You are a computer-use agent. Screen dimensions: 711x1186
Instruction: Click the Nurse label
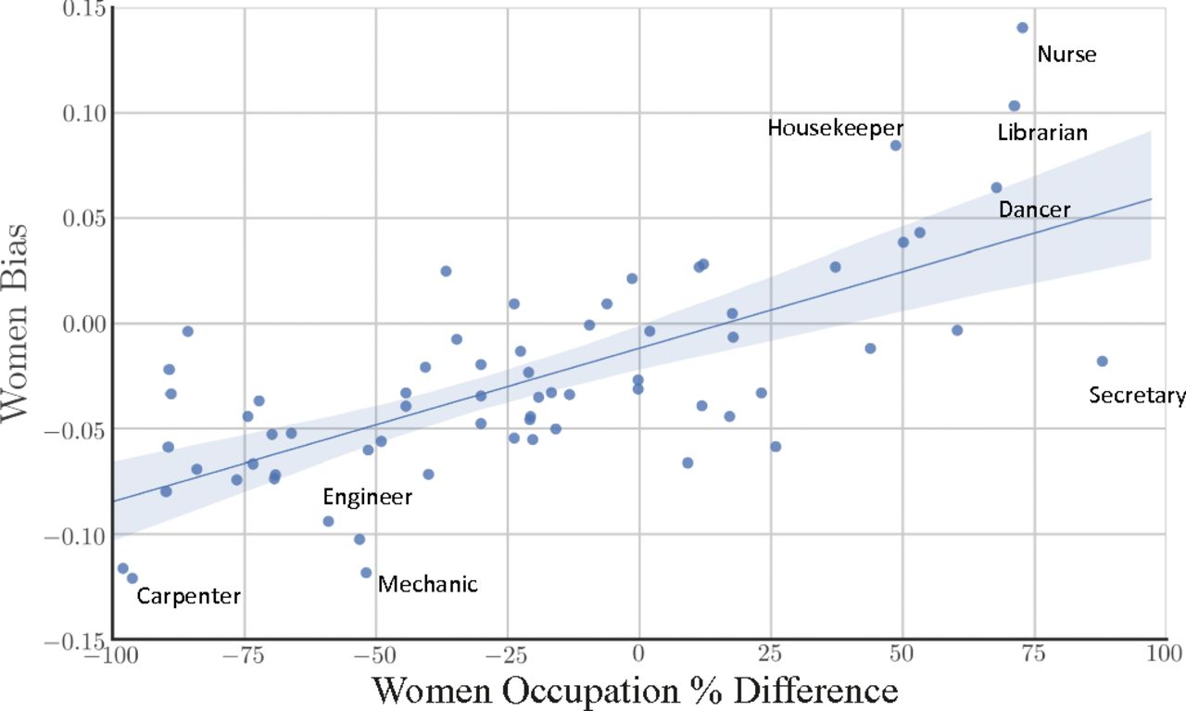point(1066,55)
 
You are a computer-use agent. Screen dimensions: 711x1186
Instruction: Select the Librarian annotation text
point(1042,133)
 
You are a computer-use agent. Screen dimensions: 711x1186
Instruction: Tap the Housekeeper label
point(835,128)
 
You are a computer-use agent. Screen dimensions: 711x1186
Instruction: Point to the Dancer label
point(1034,210)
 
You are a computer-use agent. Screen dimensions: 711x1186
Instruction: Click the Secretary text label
point(1137,396)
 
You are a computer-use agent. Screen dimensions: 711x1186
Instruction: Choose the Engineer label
point(367,498)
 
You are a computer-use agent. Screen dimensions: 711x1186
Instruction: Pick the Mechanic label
point(428,584)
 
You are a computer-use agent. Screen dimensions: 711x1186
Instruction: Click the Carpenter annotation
point(188,597)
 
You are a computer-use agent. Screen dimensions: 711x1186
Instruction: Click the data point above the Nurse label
point(1022,28)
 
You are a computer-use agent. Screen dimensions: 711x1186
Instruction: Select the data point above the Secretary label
point(1102,362)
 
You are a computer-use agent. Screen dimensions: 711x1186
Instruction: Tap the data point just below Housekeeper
point(895,146)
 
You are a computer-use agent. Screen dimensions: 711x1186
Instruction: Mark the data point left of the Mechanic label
point(366,573)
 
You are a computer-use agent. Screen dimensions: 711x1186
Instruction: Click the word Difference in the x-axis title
point(813,691)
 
